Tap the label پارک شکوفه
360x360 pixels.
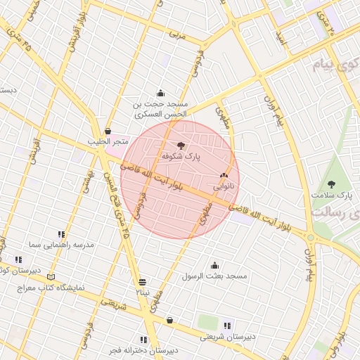coord(181,157)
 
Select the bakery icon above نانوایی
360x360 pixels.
coord(224,176)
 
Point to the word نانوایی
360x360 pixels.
coord(226,187)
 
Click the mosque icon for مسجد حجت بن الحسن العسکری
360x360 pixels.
coord(160,93)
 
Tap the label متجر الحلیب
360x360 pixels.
coord(108,142)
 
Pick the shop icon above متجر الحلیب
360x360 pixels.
coord(108,131)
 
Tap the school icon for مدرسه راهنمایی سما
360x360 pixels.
coord(61,234)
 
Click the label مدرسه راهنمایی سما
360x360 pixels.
coord(61,245)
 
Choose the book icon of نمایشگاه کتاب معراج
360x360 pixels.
coord(49,277)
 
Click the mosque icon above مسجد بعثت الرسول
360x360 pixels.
coord(214,265)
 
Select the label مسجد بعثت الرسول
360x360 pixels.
coord(214,276)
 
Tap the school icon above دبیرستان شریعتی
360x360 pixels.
coord(226,325)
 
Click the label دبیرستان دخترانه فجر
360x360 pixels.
coord(143,349)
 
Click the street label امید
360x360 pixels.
coord(281,39)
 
